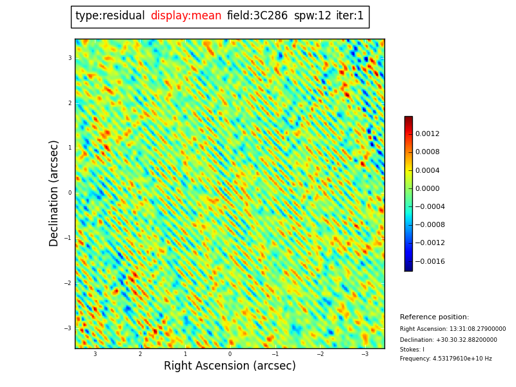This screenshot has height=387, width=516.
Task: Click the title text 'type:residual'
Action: coord(110,16)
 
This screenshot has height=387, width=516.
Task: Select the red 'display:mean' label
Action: coord(186,16)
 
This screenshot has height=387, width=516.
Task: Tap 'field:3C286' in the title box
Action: coord(257,16)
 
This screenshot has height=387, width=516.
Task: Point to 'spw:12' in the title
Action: coord(312,16)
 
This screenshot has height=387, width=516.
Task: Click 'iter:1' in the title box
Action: coord(350,16)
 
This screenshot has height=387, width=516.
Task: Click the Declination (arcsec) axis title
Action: coord(54,193)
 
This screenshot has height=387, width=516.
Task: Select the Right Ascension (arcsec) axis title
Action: coord(230,366)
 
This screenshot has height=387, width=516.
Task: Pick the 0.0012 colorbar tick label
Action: coord(427,134)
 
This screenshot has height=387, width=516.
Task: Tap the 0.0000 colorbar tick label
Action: coord(427,189)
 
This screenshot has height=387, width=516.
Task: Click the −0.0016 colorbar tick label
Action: coord(430,262)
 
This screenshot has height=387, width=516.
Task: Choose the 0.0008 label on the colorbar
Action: coord(427,152)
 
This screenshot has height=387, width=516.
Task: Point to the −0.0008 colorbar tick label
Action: coord(430,225)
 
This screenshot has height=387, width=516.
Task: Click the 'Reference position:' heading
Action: coord(434,317)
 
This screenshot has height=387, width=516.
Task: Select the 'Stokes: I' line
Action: coord(412,350)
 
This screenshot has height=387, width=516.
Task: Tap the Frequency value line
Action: coord(446,359)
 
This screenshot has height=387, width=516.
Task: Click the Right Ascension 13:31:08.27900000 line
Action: coord(453,329)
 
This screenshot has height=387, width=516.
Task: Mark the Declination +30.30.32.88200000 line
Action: coord(448,340)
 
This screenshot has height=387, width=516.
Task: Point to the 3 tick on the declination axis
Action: coord(70,58)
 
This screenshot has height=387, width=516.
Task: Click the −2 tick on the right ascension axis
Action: coord(320,354)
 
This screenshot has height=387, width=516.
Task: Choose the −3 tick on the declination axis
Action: coord(68,328)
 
